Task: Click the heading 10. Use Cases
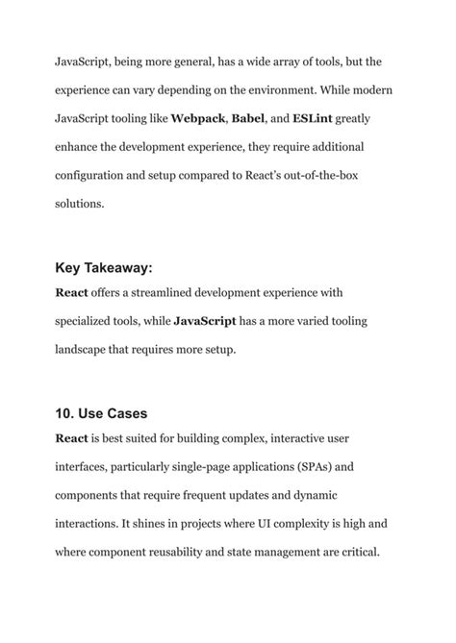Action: [x=100, y=415]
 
